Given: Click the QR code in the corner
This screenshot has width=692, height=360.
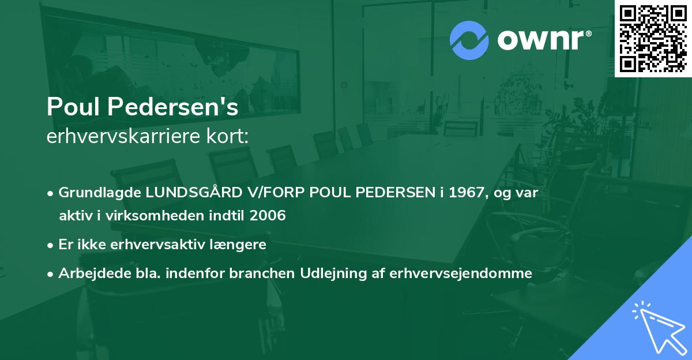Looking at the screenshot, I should click(x=653, y=38).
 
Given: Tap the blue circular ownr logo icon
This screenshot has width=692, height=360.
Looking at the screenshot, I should click(x=469, y=40).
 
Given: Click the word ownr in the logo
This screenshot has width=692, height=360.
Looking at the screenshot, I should click(x=542, y=40).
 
